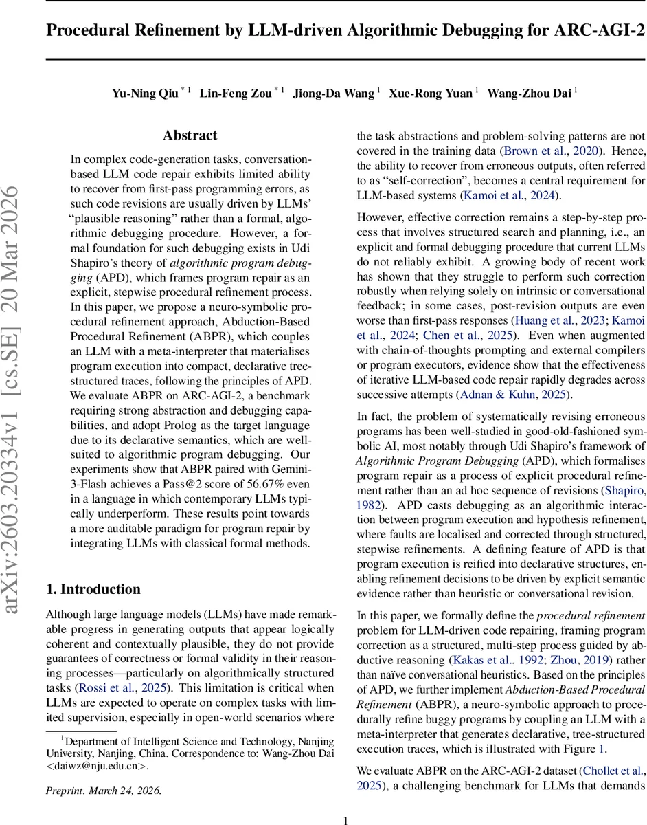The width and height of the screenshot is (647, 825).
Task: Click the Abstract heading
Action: coord(190,135)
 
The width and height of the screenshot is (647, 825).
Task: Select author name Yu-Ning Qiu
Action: coord(144,93)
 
